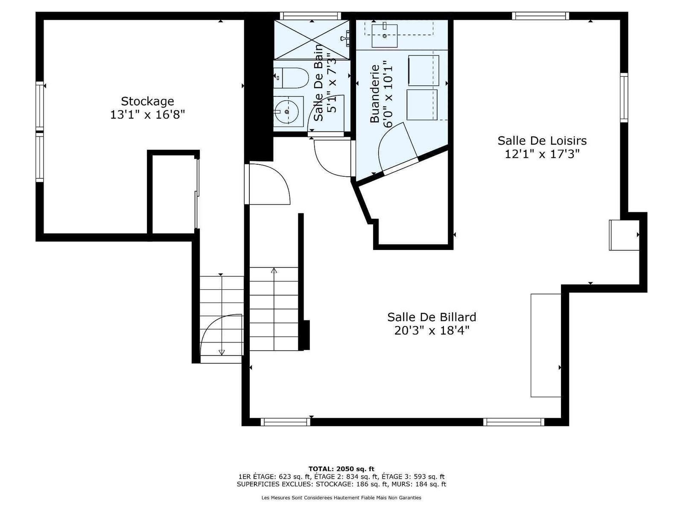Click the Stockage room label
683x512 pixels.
[147, 102]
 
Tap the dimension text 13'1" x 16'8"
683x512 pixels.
[148, 115]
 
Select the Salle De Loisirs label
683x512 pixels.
[542, 140]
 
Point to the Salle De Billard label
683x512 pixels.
[432, 317]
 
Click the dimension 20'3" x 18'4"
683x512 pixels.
[432, 330]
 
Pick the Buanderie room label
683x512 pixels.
[375, 93]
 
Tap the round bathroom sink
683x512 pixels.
[287, 111]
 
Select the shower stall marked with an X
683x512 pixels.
[312, 40]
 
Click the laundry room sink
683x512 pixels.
[385, 36]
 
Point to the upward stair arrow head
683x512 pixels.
[274, 270]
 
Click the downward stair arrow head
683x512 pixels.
[222, 352]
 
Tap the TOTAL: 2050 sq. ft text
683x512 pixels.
[341, 469]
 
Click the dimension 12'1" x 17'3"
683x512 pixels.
[542, 154]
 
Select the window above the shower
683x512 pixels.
[310, 15]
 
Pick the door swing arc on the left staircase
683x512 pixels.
[212, 323]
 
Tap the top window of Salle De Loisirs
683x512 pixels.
[540, 15]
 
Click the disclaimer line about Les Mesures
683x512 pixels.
[341, 497]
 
